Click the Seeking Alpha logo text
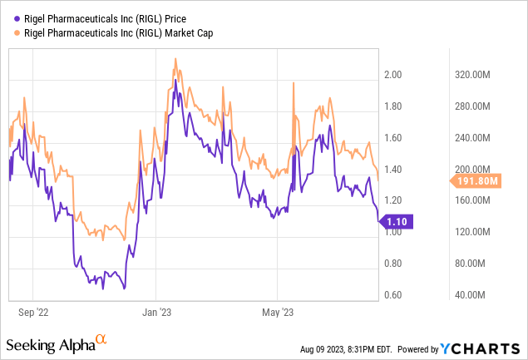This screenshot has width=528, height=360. tap(49, 343)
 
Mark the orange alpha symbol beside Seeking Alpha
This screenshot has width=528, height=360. tap(100, 339)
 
